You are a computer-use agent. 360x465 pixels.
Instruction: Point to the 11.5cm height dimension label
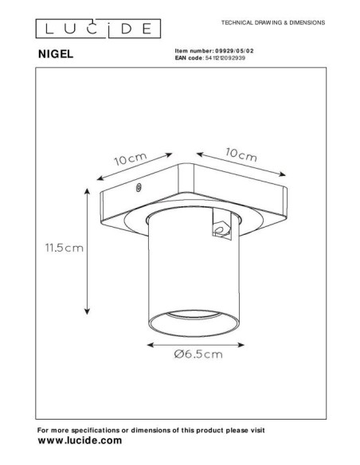[x=65, y=248]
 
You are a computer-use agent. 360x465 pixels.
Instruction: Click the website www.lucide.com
[x=80, y=440]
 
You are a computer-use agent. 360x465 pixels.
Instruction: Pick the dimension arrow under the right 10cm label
[x=241, y=165]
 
